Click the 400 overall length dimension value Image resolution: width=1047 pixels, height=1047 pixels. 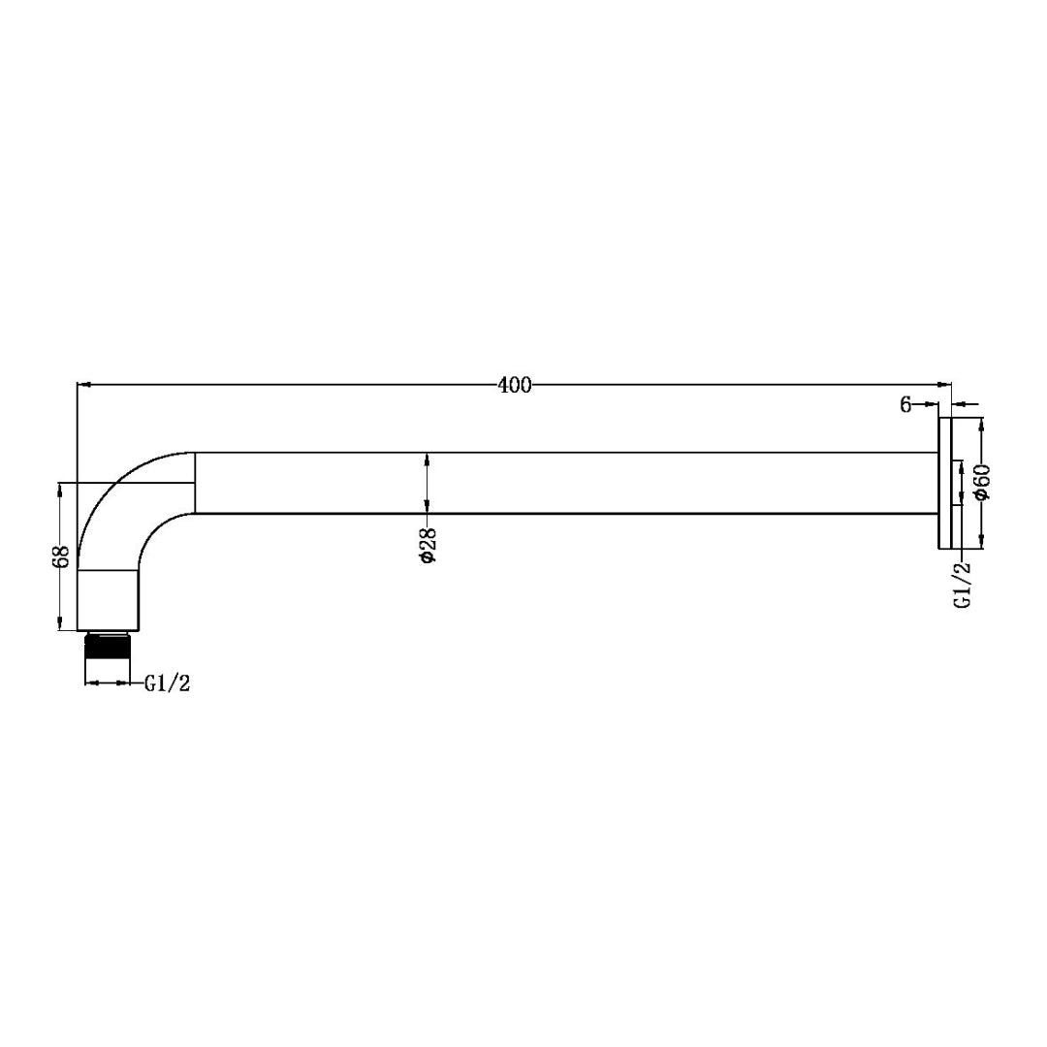(x=515, y=385)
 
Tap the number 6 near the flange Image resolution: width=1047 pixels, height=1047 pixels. (x=905, y=405)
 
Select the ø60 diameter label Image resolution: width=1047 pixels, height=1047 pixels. (x=982, y=482)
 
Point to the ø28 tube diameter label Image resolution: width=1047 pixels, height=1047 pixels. (x=428, y=547)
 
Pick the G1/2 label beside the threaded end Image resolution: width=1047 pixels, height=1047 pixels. (x=168, y=683)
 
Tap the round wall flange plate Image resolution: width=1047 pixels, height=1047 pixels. (x=944, y=483)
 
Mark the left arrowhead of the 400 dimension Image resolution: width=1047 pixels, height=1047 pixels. (x=84, y=385)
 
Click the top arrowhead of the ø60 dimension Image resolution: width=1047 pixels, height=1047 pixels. (x=982, y=425)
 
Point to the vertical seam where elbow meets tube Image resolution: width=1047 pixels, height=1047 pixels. (x=196, y=482)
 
